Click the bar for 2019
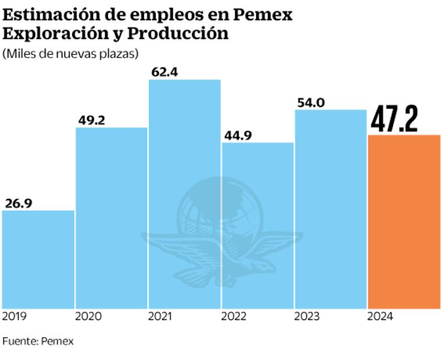coord(38,259)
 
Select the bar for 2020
coord(111,218)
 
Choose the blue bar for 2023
coord(331,209)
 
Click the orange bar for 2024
coord(404,221)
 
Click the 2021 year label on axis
coord(160,316)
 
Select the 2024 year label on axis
coord(381,316)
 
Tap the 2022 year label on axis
coord(234,316)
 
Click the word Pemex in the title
coord(266,15)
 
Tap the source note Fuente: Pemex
coord(38,341)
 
